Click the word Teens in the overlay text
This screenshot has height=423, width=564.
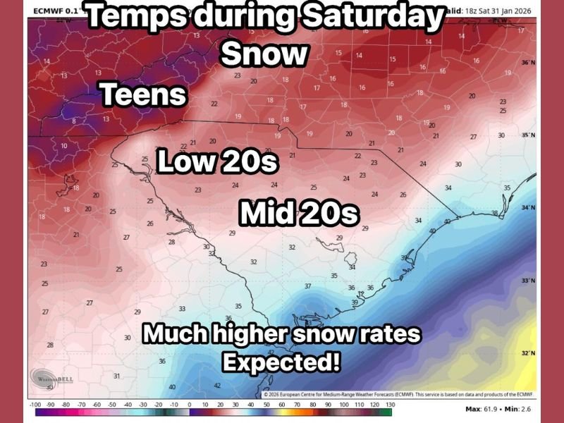click(x=144, y=94)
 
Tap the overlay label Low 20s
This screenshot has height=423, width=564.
click(x=217, y=161)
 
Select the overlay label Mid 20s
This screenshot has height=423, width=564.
click(x=299, y=212)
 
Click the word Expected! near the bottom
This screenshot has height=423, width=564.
click(x=281, y=362)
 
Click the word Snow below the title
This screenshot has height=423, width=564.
click(x=264, y=54)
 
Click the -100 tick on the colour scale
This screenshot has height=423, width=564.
click(x=34, y=405)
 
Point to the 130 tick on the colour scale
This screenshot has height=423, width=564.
click(x=388, y=405)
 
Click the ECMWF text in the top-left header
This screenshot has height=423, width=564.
click(x=46, y=10)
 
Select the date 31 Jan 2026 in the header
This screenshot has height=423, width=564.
click(x=508, y=8)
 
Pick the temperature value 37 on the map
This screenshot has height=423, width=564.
click(x=307, y=286)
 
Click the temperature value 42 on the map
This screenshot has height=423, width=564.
click(x=217, y=386)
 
